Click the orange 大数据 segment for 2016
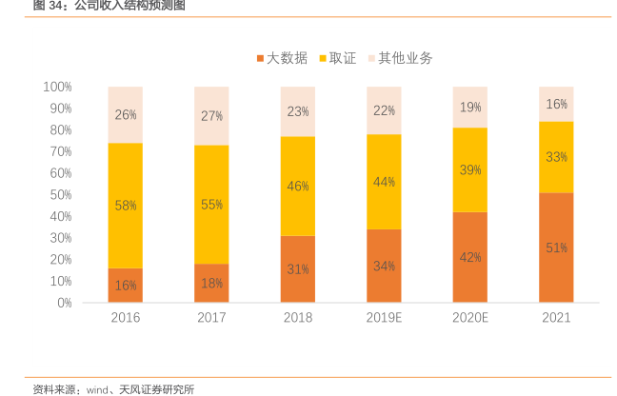click(x=125, y=286)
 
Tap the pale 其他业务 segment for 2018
click(x=298, y=111)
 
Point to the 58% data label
click(x=126, y=205)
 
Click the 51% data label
click(x=556, y=247)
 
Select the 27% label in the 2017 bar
click(x=211, y=115)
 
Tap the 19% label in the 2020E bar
click(x=470, y=108)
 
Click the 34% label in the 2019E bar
click(x=384, y=267)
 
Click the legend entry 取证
click(x=339, y=58)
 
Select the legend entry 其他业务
click(x=399, y=58)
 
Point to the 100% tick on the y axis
click(x=57, y=87)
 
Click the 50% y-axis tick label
click(x=60, y=195)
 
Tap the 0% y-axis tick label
click(x=64, y=303)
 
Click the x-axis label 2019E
click(x=384, y=318)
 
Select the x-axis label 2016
click(x=126, y=318)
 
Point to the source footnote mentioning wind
click(x=113, y=388)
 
